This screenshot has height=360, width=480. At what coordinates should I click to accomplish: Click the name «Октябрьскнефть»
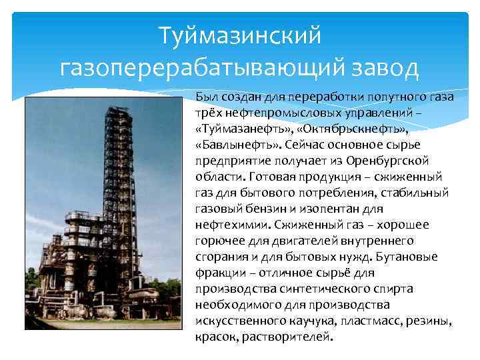click(x=353, y=128)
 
